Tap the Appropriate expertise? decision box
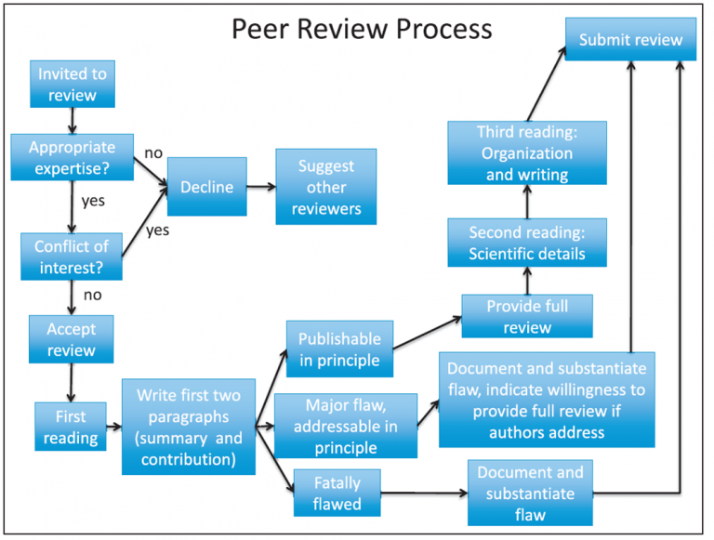pyautogui.click(x=72, y=158)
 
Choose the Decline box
pyautogui.click(x=206, y=187)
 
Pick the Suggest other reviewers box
pyautogui.click(x=325, y=187)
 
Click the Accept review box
pyautogui.click(x=72, y=339)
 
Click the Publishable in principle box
pyautogui.click(x=339, y=349)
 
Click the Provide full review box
pyautogui.click(x=527, y=316)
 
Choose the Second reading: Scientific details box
pyautogui.click(x=527, y=243)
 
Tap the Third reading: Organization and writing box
pyautogui.click(x=526, y=153)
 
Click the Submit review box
pyautogui.click(x=631, y=40)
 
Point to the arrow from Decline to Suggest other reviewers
pyautogui.click(x=258, y=187)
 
